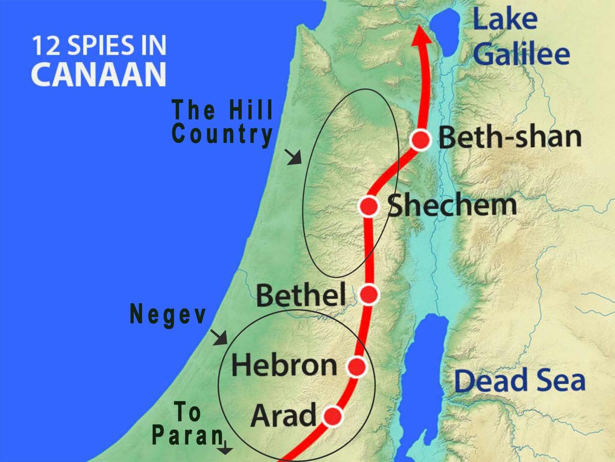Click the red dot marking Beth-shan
click(421, 140)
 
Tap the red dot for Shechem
click(368, 206)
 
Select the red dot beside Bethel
click(369, 294)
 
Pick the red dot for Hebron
click(356, 367)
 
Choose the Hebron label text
click(284, 365)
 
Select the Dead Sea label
click(520, 381)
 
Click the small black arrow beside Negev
click(219, 337)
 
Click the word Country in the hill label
click(222, 134)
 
